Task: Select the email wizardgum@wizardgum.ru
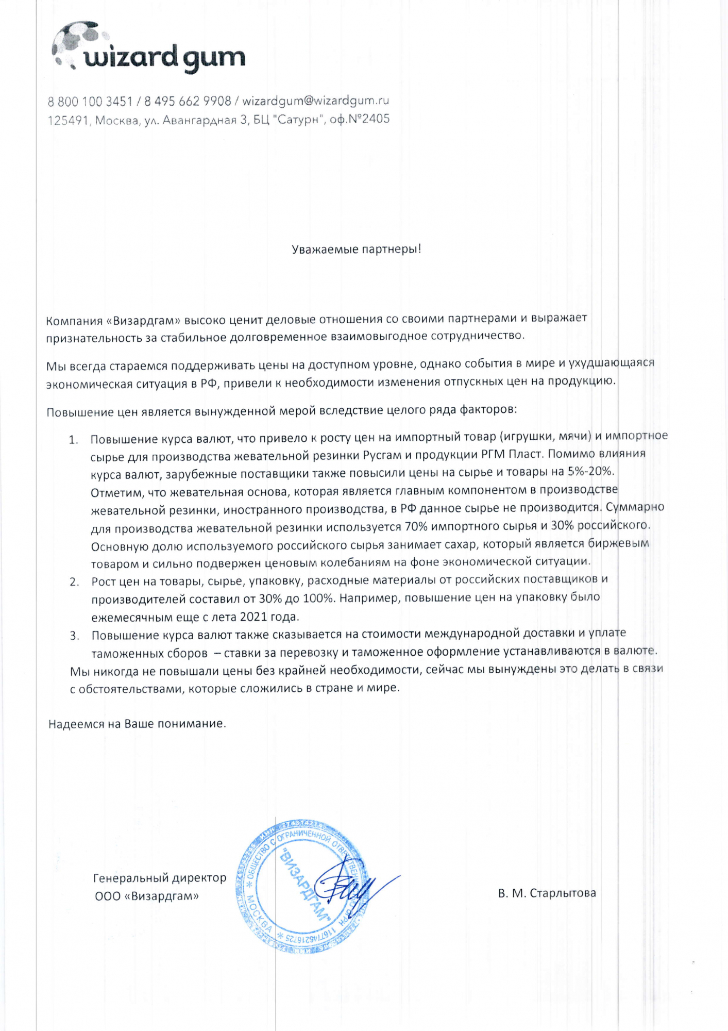315,100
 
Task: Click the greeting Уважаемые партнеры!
357,250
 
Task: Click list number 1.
74,440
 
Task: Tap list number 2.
74,582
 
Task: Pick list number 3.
74,636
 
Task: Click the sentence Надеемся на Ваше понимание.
137,724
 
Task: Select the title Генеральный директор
160,877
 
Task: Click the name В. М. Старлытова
547,893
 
